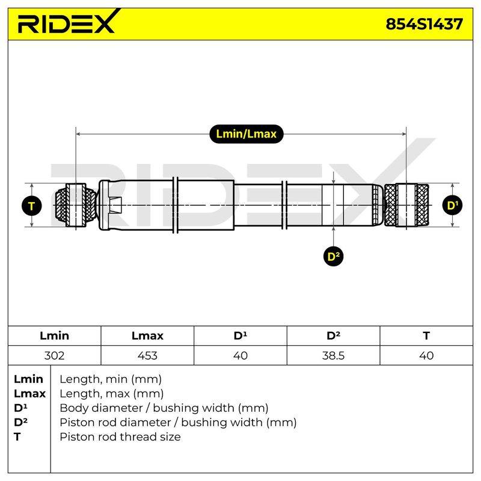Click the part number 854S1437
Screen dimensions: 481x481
click(x=424, y=24)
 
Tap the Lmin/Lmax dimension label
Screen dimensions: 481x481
click(x=246, y=134)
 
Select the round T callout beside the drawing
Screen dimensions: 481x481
click(x=32, y=206)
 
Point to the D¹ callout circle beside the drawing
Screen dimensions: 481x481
click(x=452, y=205)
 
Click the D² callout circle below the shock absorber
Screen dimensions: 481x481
click(x=334, y=256)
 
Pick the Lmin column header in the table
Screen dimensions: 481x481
click(x=54, y=335)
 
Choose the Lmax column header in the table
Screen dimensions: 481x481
click(x=147, y=335)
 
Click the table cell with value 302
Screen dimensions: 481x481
click(x=54, y=355)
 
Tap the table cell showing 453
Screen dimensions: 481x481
click(x=147, y=355)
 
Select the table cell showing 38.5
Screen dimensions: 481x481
click(x=333, y=355)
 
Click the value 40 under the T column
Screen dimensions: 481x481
click(x=426, y=355)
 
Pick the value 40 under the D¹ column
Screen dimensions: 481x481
click(x=240, y=355)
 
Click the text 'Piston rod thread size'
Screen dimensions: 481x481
click(x=120, y=437)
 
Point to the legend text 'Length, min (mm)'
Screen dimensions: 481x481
click(x=111, y=379)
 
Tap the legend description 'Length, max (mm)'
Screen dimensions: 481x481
click(x=111, y=394)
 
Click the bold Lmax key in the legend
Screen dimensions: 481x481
click(x=29, y=394)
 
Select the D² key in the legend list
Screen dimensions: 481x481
click(x=20, y=423)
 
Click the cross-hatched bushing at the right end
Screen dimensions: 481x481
click(x=406, y=205)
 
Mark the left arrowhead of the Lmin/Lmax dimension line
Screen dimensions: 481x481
click(x=78, y=134)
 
